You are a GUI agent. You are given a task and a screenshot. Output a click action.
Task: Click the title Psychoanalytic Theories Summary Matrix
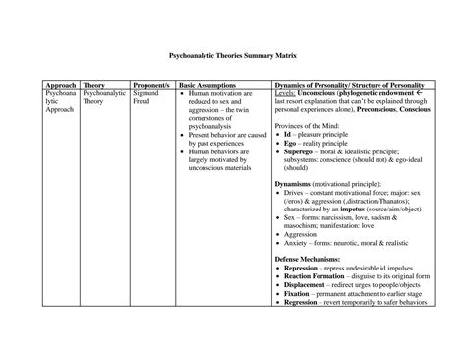(x=233, y=58)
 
